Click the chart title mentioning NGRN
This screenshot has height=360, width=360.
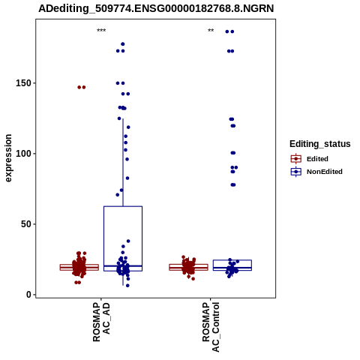(x=156, y=8)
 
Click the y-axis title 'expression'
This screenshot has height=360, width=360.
(x=8, y=158)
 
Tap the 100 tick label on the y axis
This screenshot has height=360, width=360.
(x=23, y=154)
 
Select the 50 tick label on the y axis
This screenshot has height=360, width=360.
(x=26, y=224)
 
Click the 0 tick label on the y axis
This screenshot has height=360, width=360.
(x=29, y=295)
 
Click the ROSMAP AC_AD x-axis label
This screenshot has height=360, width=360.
(x=101, y=322)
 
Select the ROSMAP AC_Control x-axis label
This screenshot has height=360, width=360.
(x=211, y=327)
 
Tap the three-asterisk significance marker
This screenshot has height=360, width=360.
(x=101, y=31)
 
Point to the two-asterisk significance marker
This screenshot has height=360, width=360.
(x=211, y=31)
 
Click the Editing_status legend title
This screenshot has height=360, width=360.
(x=320, y=144)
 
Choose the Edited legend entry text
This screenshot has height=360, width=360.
(x=317, y=159)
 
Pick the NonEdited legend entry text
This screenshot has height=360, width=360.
(x=325, y=172)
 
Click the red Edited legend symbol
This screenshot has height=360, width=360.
(x=296, y=159)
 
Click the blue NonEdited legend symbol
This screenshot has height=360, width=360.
(x=296, y=172)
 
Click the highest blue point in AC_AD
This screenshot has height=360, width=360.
(x=123, y=44)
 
